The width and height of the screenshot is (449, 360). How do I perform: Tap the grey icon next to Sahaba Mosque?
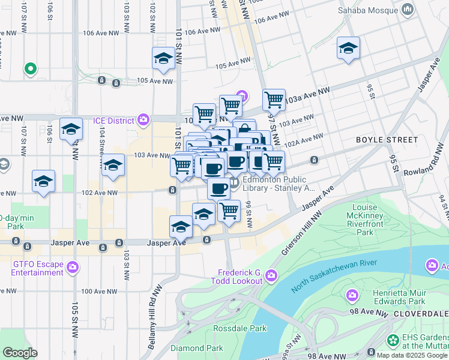point(408,9)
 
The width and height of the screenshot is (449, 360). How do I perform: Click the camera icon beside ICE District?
point(143,120)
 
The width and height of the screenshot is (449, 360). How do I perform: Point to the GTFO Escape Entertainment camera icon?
point(73,266)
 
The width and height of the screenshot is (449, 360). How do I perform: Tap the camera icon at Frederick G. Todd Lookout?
point(271,275)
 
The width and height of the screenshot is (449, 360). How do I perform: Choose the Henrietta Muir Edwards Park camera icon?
point(352,295)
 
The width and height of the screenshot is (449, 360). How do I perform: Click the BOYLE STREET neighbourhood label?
point(387,140)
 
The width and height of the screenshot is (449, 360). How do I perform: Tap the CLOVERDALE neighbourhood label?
point(421,314)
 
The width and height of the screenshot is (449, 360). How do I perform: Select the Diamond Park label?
point(196,348)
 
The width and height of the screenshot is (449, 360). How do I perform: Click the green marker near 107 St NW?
point(30,69)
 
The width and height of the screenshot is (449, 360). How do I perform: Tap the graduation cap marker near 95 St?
point(348,49)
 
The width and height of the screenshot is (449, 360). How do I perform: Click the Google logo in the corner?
point(20,353)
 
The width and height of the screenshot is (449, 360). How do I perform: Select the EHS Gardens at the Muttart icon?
point(393,340)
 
